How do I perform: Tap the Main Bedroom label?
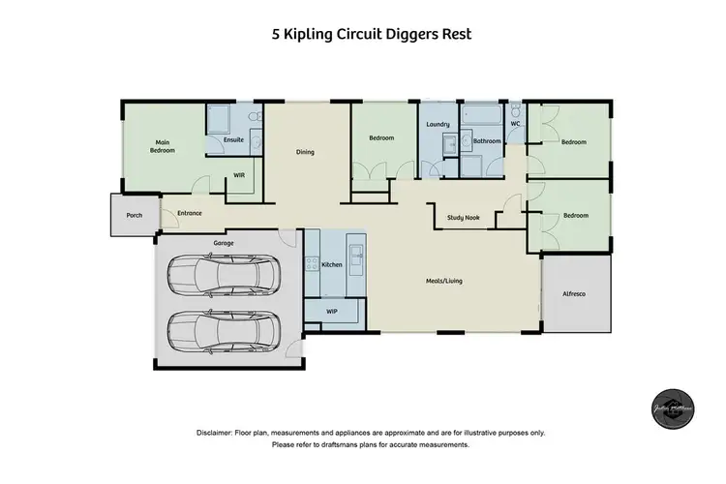162,146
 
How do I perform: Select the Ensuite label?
233,140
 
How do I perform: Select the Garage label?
224,243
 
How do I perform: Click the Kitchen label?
333,264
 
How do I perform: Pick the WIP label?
333,311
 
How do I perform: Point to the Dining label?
305,152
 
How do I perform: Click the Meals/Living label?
444,282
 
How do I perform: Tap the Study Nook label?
464,219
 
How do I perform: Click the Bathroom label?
487,141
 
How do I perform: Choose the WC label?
516,124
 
